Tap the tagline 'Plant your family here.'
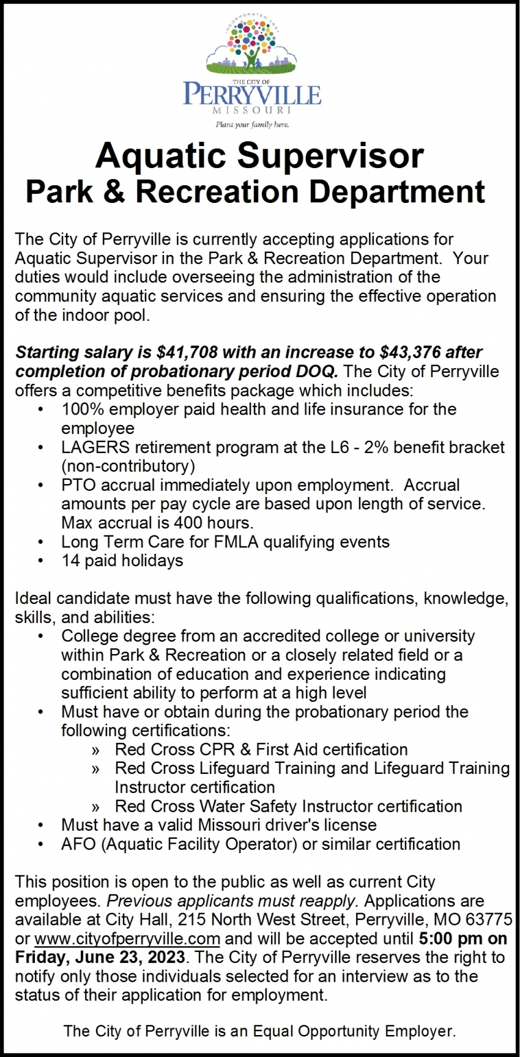(251, 124)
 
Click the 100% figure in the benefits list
(79, 409)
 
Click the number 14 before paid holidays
(70, 561)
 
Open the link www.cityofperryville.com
(127, 938)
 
